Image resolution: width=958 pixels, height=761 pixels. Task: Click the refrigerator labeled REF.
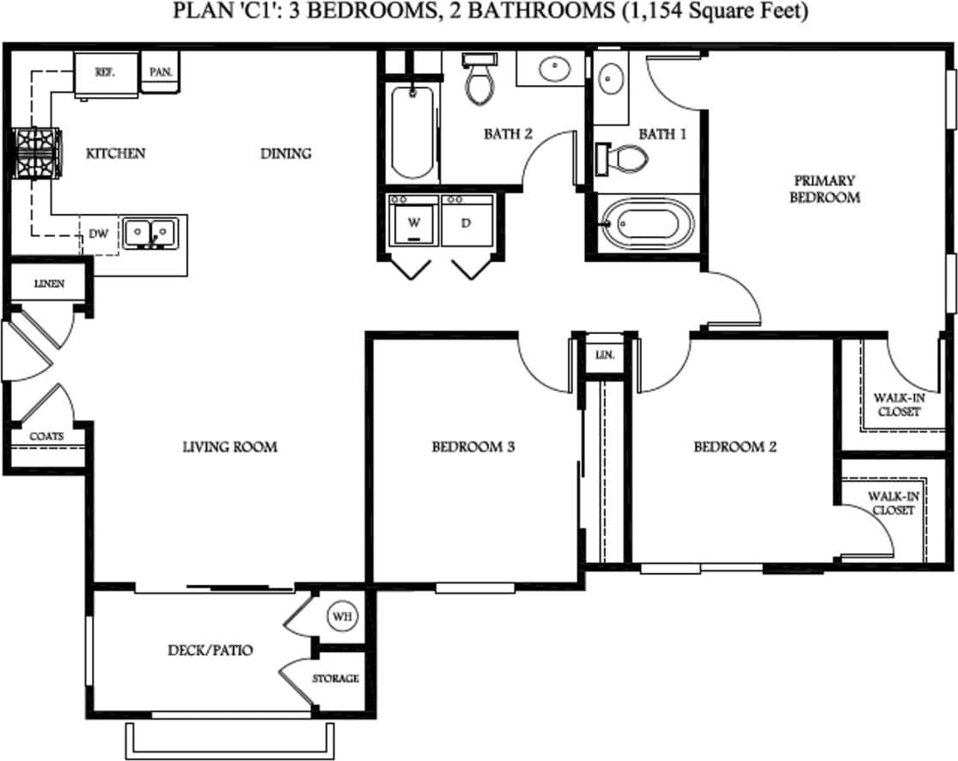tap(107, 73)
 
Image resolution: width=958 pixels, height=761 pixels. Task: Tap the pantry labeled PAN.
tap(161, 72)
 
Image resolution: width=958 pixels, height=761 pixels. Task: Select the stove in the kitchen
tap(35, 154)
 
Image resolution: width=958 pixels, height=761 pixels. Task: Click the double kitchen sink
tap(149, 232)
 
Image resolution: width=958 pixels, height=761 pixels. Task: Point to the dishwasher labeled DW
tap(99, 234)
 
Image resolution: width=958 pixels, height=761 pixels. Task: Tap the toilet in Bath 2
tap(478, 80)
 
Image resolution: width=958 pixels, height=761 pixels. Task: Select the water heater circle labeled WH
tap(340, 617)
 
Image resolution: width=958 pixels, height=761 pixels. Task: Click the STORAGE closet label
tap(335, 679)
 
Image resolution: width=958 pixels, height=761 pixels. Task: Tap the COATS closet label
tap(46, 436)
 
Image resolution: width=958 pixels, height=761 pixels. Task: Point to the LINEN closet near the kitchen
tap(49, 283)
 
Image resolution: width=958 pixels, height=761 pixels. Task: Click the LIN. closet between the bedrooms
tap(605, 354)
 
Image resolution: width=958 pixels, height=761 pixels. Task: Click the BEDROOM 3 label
tap(473, 447)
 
